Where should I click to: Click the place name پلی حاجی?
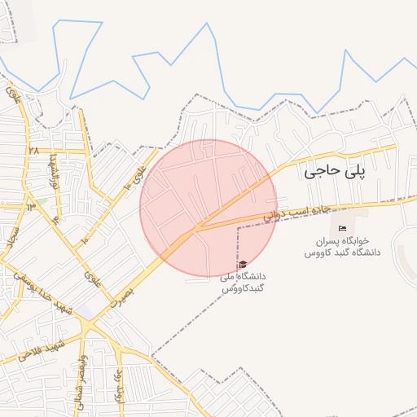336,171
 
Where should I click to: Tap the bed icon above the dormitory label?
343,226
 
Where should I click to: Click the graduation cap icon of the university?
243,264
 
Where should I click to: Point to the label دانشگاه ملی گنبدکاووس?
243,283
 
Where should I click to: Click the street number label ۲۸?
33,151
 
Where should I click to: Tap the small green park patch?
39,201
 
